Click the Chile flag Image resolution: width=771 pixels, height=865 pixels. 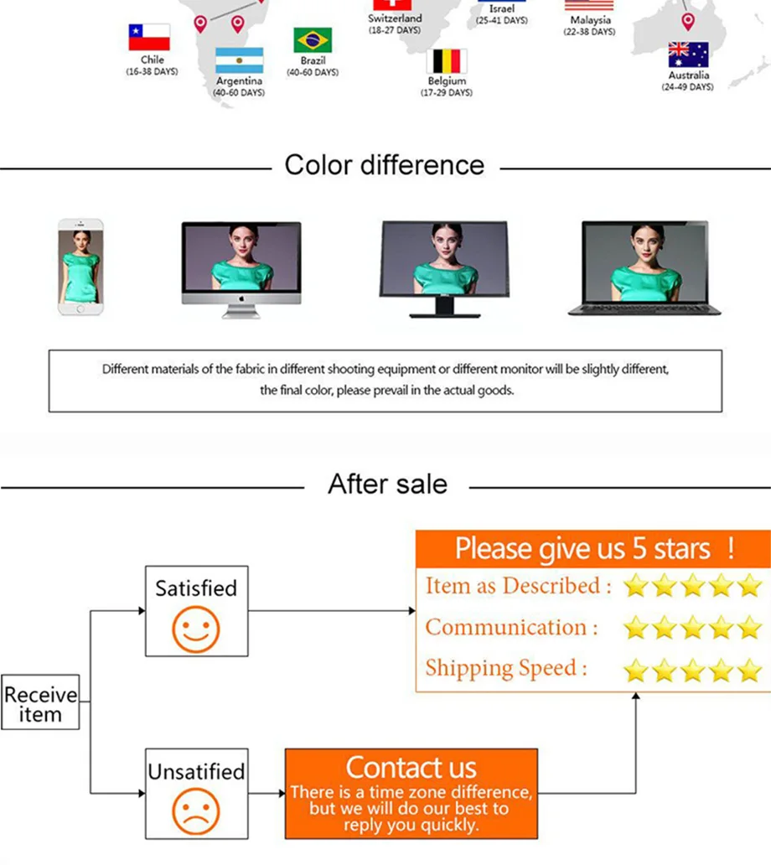[x=149, y=38]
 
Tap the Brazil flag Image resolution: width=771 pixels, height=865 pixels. [x=313, y=40]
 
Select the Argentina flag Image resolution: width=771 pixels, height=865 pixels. [x=240, y=61]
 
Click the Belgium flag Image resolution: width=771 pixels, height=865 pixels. [x=447, y=62]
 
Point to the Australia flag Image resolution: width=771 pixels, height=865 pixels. [x=688, y=55]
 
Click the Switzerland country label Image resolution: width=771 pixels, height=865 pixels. [x=395, y=18]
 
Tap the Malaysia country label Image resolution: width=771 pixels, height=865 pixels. [x=590, y=19]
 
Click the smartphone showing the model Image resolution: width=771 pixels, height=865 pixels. [x=80, y=267]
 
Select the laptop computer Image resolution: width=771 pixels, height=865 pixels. [x=644, y=268]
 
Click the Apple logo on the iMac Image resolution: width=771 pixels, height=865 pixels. [x=241, y=298]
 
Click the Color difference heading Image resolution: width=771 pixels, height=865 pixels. [x=385, y=164]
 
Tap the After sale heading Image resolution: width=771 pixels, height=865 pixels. [x=387, y=484]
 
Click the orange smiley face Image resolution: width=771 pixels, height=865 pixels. [x=196, y=630]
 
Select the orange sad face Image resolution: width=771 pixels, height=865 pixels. [x=196, y=811]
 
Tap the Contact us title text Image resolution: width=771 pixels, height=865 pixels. [x=411, y=767]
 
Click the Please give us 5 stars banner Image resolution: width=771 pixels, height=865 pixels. [x=593, y=548]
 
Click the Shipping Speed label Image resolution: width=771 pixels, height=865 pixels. [x=505, y=668]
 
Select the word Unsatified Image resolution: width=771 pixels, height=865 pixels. [x=196, y=771]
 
